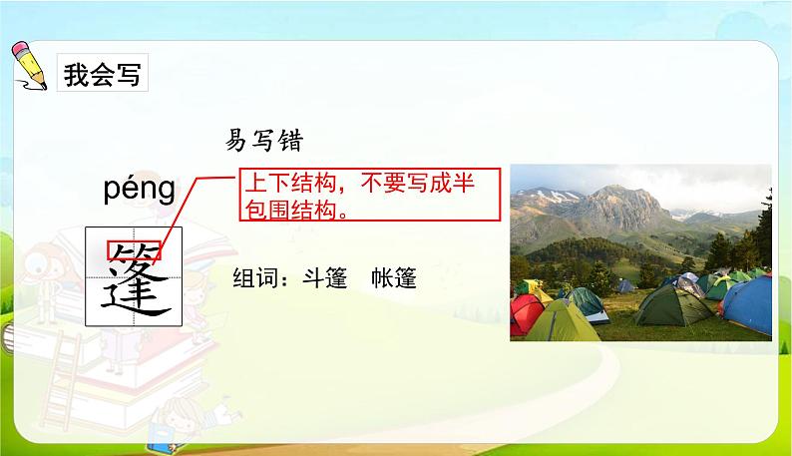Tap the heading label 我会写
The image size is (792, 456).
tap(102, 75)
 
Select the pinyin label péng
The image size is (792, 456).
tap(139, 189)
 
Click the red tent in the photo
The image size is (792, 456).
tap(525, 313)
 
